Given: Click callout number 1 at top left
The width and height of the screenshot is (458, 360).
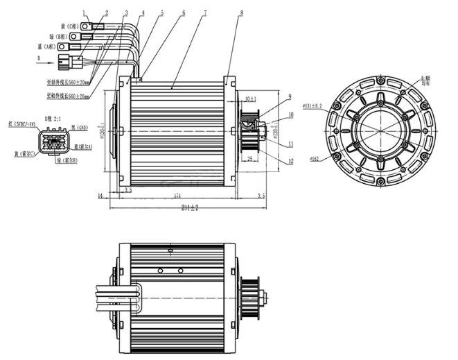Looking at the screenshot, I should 85,12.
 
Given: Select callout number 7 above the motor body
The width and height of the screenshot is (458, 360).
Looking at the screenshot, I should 205,12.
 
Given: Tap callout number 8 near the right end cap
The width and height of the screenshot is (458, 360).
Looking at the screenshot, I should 241,12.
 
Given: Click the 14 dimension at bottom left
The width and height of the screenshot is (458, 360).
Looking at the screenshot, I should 101,197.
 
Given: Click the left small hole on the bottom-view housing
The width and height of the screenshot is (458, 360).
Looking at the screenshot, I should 159,270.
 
